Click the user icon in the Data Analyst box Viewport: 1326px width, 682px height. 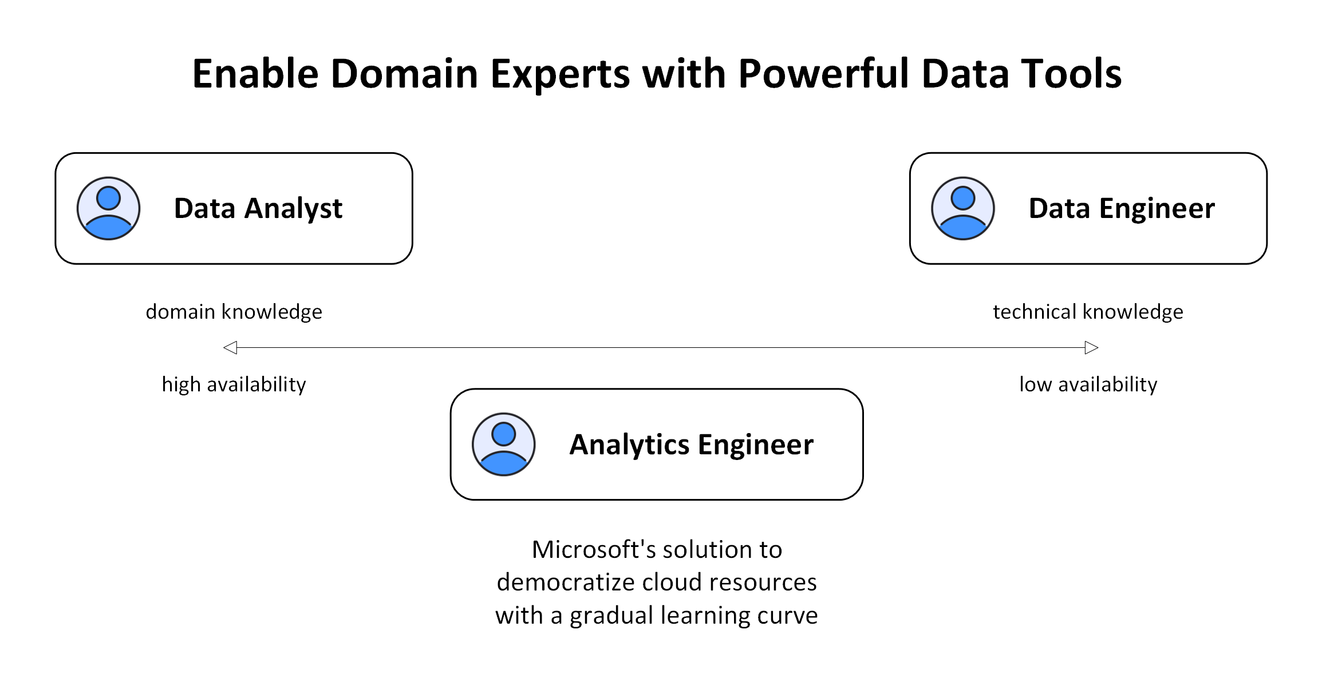(109, 208)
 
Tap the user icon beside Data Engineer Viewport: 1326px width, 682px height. (963, 208)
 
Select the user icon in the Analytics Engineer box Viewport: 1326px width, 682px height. (504, 445)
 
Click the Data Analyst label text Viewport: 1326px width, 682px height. (258, 208)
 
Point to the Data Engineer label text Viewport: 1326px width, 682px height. (1122, 208)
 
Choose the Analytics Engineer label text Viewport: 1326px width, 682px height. (692, 445)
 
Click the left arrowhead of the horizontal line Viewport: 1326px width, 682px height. (230, 347)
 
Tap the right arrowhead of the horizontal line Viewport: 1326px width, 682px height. (1091, 347)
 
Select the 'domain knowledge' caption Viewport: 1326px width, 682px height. (234, 312)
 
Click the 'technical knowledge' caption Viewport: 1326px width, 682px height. (1088, 312)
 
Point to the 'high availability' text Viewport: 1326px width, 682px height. (234, 384)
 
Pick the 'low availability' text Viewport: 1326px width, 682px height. (1088, 384)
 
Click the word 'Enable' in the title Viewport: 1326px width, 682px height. (255, 74)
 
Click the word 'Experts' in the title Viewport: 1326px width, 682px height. (560, 74)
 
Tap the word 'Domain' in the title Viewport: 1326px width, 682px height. (404, 74)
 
